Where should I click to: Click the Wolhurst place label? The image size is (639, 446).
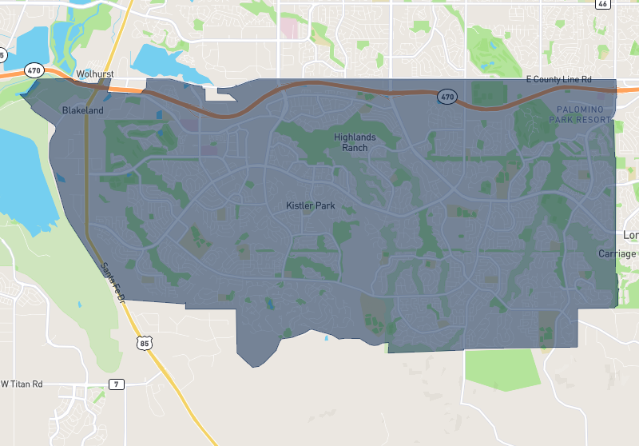click(95, 74)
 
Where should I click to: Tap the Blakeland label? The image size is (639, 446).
click(83, 110)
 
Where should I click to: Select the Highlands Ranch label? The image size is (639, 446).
click(355, 142)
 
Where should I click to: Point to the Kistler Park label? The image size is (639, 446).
click(311, 205)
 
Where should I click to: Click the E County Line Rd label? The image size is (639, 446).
click(558, 80)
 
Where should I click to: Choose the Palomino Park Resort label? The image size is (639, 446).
click(580, 113)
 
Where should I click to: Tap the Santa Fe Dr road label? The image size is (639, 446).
click(113, 283)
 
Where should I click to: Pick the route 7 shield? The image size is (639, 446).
click(117, 384)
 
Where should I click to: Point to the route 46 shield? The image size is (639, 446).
click(602, 4)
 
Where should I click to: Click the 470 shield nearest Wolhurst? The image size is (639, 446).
click(34, 70)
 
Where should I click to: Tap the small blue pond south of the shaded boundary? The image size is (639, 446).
click(326, 338)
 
